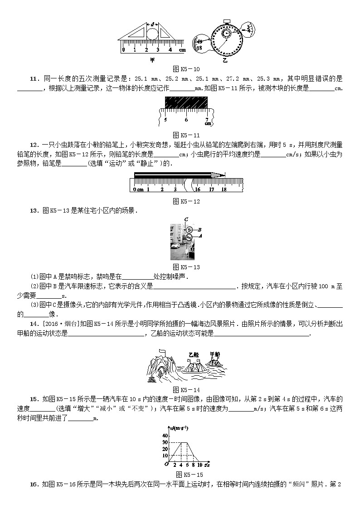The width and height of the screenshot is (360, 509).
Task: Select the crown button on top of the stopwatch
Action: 226,21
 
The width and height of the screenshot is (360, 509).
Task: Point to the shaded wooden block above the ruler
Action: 186,103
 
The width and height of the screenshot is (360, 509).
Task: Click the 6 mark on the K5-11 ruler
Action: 186,120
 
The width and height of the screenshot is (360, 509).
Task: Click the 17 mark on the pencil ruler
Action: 211,189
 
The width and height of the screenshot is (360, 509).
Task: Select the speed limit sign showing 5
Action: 190,230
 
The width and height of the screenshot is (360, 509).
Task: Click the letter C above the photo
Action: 186,219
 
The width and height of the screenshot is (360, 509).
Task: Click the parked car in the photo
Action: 176,251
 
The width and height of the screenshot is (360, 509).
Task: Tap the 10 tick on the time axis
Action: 199,465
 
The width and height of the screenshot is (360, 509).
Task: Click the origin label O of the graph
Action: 165,465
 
